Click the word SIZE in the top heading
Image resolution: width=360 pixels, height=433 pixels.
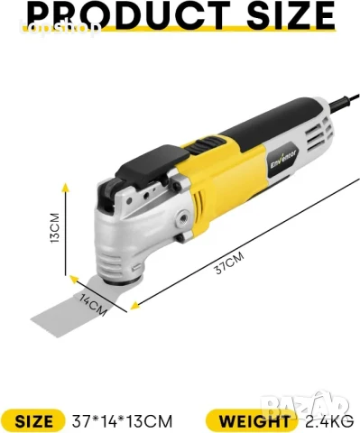(x=277, y=14)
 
